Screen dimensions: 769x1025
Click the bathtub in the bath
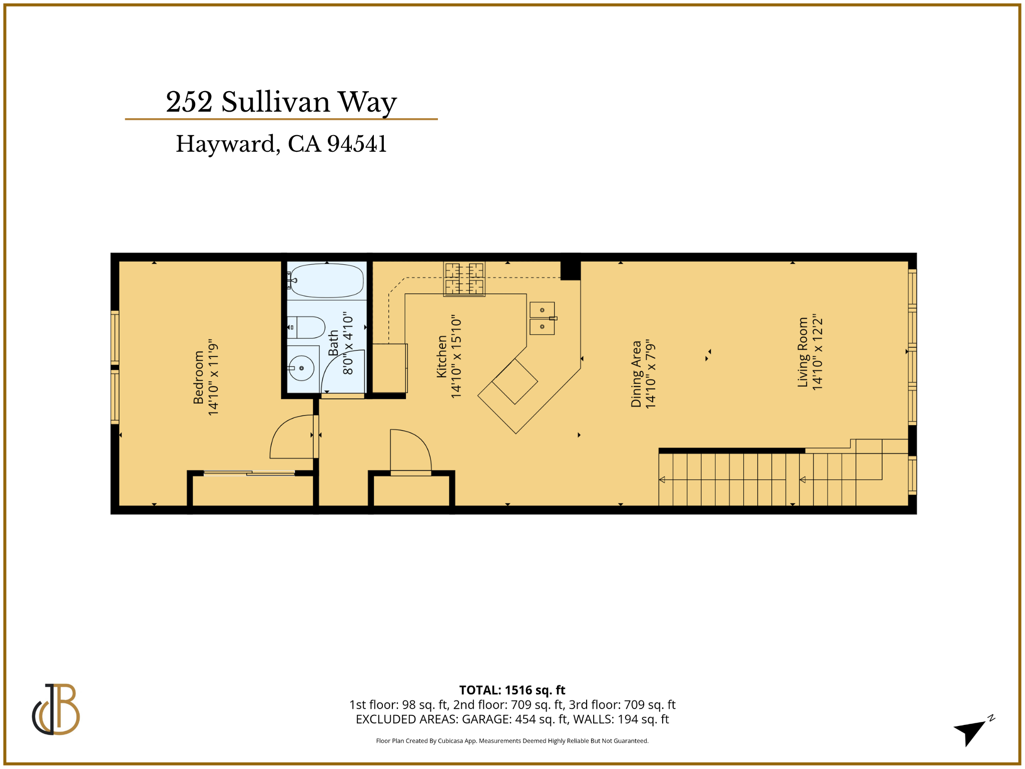[x=327, y=281]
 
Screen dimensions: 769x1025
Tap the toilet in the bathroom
[x=306, y=327]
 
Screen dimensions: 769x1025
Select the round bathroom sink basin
[x=301, y=368]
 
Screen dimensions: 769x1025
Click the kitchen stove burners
[x=464, y=279]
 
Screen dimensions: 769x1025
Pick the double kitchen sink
[x=542, y=318]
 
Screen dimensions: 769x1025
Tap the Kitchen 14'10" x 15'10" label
[x=449, y=356]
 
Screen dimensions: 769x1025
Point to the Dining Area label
[x=636, y=373]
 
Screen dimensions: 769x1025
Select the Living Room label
[x=803, y=352]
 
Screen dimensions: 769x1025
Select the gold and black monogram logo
[x=56, y=709]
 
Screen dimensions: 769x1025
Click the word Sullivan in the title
[x=276, y=102]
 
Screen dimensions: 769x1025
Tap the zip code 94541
[x=357, y=144]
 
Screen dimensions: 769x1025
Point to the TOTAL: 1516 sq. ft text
[x=512, y=690]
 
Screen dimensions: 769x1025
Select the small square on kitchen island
[x=515, y=381]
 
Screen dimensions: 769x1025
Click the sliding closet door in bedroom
[x=249, y=473]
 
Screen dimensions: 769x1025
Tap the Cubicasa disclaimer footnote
[x=512, y=741]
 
